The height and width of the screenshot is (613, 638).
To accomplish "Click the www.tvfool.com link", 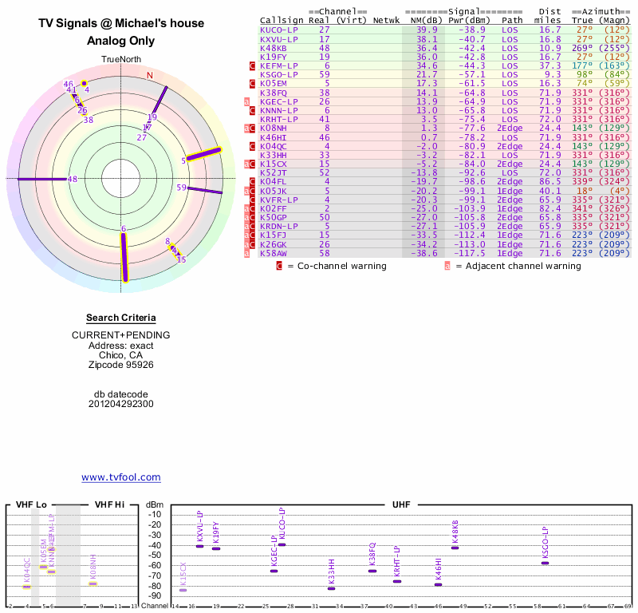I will tap(121, 477).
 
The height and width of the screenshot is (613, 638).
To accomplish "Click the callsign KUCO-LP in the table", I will tap(278, 29).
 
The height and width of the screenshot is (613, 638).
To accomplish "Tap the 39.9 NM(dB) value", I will tap(426, 29).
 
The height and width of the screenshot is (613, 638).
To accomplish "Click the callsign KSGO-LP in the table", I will tap(278, 74).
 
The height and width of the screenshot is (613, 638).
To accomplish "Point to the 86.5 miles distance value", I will tap(549, 182).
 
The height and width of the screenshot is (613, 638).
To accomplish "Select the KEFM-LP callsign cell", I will tap(278, 65).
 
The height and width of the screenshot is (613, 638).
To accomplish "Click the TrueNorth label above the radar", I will tap(121, 60).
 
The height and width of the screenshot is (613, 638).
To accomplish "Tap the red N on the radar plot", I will tap(149, 76).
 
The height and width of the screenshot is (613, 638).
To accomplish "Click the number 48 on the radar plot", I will tap(73, 180).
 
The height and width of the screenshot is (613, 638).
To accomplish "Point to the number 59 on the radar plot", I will tap(181, 188).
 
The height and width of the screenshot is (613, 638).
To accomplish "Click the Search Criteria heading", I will tap(121, 318).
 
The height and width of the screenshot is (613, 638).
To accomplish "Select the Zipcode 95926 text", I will tap(121, 364).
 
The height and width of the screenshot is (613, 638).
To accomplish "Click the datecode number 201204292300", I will tap(121, 404).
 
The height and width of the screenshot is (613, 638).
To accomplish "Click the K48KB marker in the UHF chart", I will tap(455, 548).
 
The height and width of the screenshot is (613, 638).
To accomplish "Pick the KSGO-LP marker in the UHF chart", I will tap(545, 563).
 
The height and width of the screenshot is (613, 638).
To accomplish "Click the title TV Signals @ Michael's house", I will tap(121, 24).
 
